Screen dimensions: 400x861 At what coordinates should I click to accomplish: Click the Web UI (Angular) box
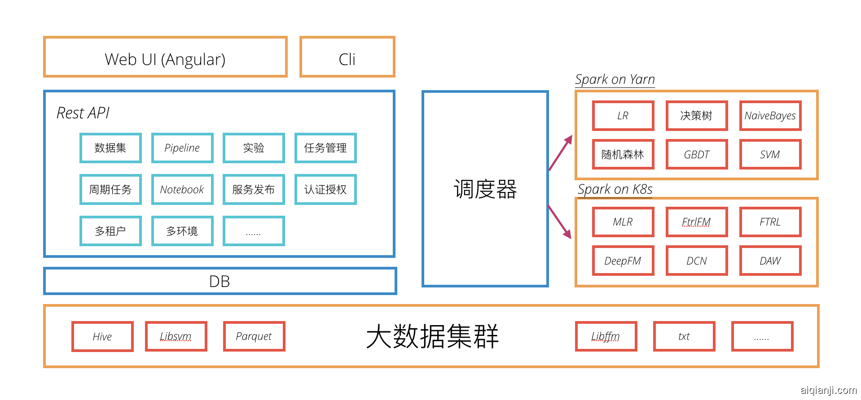point(165,57)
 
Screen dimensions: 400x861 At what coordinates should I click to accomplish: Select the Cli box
point(347,57)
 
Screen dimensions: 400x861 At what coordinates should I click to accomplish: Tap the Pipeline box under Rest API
point(182,148)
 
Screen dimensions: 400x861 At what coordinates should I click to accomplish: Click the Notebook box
point(182,190)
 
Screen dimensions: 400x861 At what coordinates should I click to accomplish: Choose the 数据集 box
point(110,148)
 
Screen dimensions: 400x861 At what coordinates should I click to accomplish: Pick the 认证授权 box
point(325,190)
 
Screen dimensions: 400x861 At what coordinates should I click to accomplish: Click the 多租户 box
point(110,231)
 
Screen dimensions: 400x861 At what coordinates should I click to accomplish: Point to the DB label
point(220,282)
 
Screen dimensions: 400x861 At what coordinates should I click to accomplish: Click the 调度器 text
point(485,189)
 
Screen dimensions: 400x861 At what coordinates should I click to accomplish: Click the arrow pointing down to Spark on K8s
point(560,222)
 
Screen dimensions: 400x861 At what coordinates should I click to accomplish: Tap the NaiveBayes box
point(770,116)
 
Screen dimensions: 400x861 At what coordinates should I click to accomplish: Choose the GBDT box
point(696,155)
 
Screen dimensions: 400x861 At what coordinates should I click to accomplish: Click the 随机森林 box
point(623,155)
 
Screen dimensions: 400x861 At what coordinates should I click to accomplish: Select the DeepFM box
point(623,261)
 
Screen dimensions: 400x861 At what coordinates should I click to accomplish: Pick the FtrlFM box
point(696,222)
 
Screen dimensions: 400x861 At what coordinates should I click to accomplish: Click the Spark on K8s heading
point(615,189)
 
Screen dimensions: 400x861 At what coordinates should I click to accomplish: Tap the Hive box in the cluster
point(102,336)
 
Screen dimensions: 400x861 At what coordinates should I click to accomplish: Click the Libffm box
point(606,336)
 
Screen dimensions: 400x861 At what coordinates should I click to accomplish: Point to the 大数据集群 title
point(432,336)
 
